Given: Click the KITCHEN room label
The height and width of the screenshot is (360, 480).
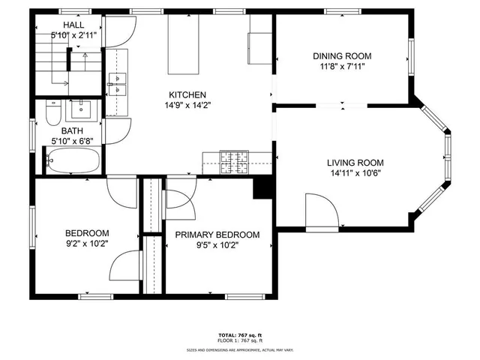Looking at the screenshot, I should tap(187, 94).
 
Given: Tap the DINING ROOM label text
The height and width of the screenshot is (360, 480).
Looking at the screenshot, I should tap(341, 55).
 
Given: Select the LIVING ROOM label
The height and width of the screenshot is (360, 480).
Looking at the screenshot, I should tap(355, 163).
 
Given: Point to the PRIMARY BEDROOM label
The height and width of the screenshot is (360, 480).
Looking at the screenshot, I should tap(217, 235).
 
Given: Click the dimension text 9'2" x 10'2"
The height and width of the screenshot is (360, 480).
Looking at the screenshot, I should tap(86, 243).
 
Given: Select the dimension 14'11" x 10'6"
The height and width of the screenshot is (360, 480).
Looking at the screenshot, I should tap(355, 173).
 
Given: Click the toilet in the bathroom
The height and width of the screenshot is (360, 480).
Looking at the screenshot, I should tap(52, 114).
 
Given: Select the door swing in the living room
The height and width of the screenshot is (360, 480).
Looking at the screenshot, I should tap(321, 211).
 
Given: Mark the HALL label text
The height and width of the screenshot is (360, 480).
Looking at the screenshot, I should tap(73, 25).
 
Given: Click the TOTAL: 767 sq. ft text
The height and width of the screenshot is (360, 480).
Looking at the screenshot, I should tap(239, 334).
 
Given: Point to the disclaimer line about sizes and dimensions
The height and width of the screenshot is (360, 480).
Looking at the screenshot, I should tap(239, 349).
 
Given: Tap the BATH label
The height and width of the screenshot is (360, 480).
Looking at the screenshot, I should tap(72, 130).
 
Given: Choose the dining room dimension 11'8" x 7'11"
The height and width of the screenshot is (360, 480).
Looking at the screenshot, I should tap(341, 66).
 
